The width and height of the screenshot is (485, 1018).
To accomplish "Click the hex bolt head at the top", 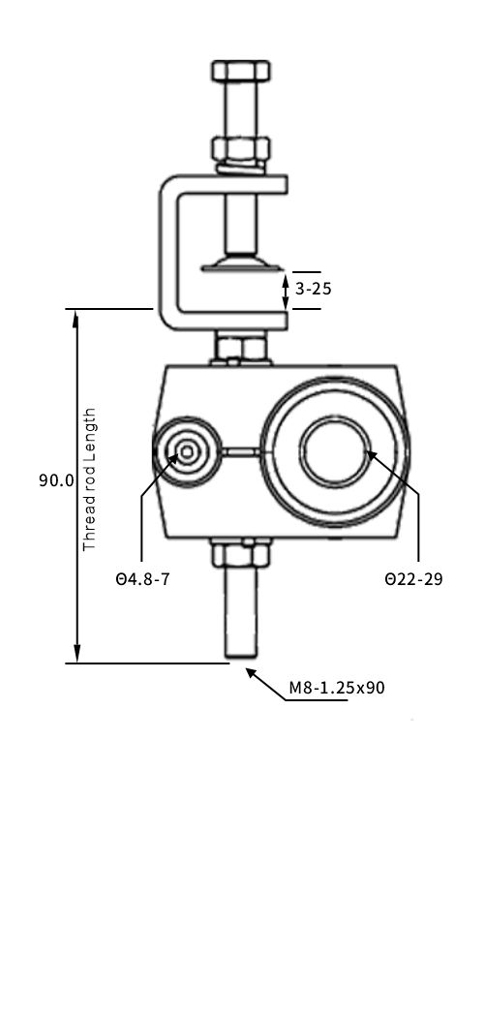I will click(240, 72).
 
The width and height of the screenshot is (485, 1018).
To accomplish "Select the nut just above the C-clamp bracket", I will click(240, 149).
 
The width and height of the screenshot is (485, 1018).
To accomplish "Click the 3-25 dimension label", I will click(313, 289).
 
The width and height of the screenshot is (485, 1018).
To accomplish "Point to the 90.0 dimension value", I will click(56, 479).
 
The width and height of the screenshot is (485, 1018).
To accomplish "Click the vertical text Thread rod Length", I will click(90, 479).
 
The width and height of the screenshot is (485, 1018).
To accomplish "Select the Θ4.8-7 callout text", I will click(142, 580).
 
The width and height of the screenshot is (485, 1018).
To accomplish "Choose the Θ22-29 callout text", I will click(413, 580).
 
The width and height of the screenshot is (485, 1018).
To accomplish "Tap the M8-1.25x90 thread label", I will click(337, 688).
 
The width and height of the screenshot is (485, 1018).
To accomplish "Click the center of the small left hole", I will click(184, 451).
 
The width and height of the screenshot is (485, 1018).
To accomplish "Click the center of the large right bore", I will click(333, 451).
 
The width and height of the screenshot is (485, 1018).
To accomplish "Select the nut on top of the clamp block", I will click(240, 348).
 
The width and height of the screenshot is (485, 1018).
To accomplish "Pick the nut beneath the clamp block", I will click(240, 555).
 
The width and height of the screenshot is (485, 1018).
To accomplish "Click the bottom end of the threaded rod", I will click(241, 658).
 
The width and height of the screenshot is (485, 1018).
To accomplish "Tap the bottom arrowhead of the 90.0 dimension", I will click(76, 656).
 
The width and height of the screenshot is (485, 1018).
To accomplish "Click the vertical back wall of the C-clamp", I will click(166, 252).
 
